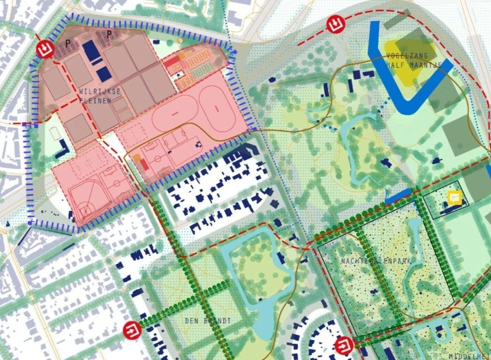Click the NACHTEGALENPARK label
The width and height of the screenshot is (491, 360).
click(x=368, y=261)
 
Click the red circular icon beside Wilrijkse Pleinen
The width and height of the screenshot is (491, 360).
click(x=46, y=49)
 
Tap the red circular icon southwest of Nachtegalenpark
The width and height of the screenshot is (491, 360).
click(x=342, y=346)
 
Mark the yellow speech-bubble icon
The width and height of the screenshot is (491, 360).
click(x=454, y=197)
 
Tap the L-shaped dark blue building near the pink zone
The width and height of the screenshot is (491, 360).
click(x=63, y=149)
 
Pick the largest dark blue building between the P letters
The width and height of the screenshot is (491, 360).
click(x=91, y=50)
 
